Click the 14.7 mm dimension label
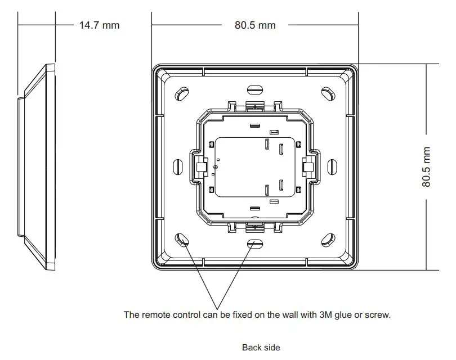(x=99, y=25)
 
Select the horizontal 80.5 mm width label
(x=255, y=25)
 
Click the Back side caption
(x=261, y=348)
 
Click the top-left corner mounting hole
(x=182, y=92)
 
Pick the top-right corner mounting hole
(x=328, y=92)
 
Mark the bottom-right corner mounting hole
(x=328, y=240)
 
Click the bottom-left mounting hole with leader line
(x=182, y=240)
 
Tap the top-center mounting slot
(x=255, y=89)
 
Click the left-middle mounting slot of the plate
(x=176, y=166)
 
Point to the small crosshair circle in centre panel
(x=215, y=166)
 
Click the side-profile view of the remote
(x=37, y=166)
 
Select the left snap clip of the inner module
(x=199, y=166)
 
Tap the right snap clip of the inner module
(x=309, y=166)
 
